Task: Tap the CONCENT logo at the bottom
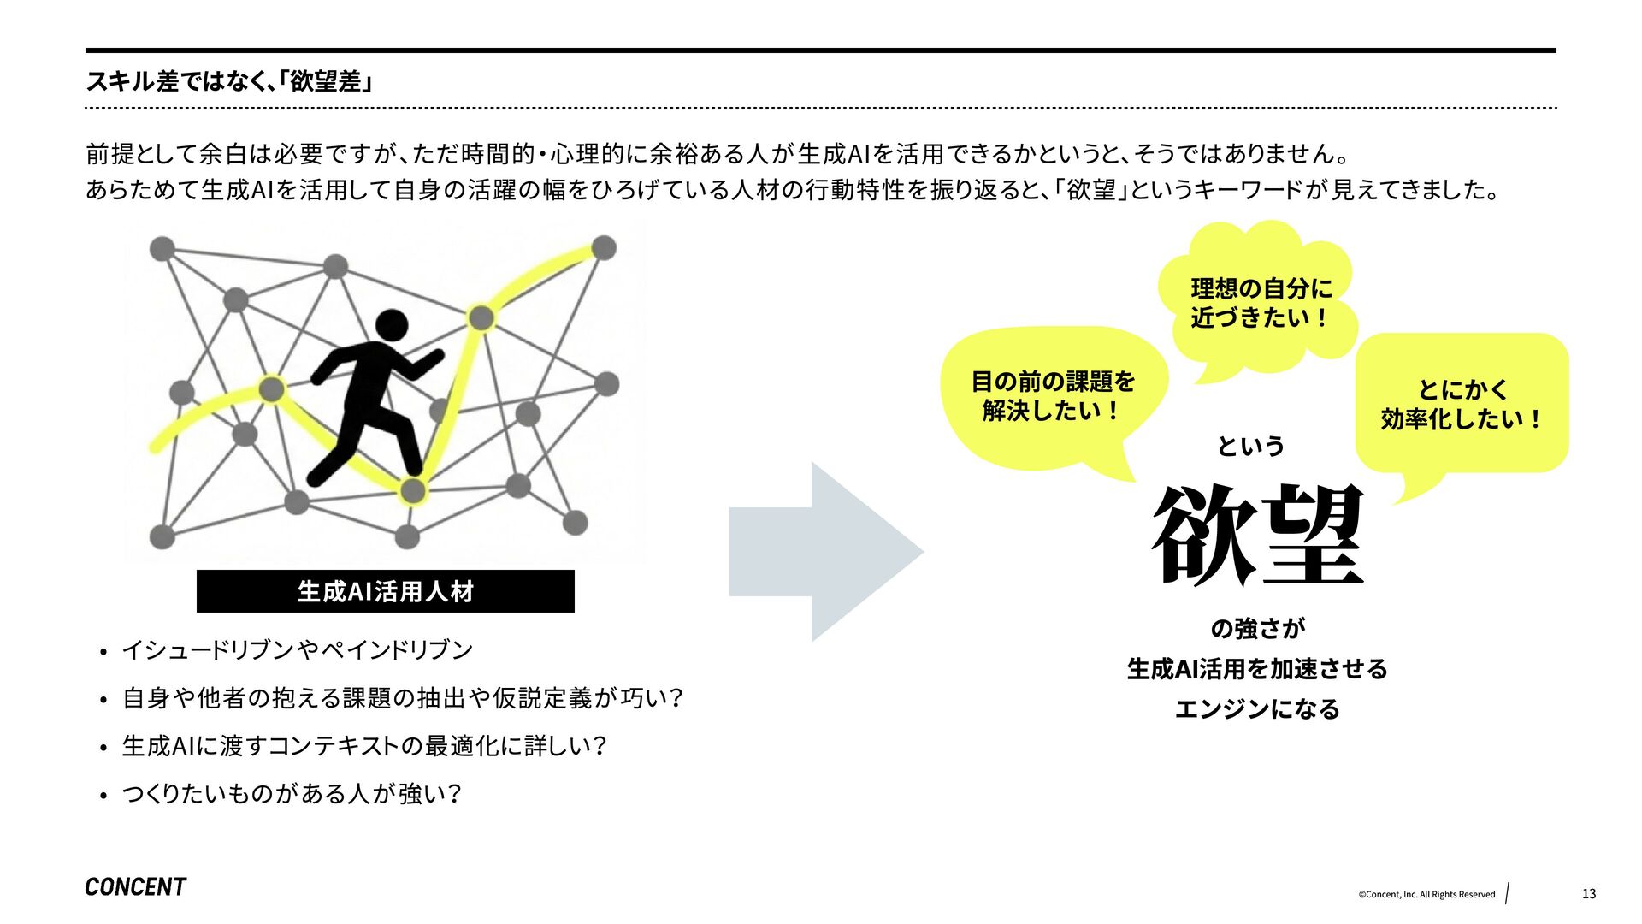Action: click(x=135, y=887)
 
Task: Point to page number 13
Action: click(x=1588, y=894)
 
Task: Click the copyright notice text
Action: click(x=1426, y=895)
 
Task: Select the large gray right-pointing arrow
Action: click(x=824, y=552)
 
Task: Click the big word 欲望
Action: click(x=1256, y=535)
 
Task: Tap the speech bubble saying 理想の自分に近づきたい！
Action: click(x=1261, y=303)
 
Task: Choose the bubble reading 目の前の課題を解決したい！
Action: click(x=1053, y=396)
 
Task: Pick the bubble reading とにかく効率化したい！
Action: click(x=1462, y=404)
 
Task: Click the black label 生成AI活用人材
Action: click(x=385, y=591)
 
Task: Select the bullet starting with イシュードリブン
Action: click(x=297, y=650)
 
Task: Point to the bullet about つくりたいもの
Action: click(x=291, y=794)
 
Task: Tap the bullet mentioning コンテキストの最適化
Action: click(x=363, y=746)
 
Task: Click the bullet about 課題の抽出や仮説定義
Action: click(x=402, y=698)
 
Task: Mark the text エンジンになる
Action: click(x=1256, y=708)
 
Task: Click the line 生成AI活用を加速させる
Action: click(x=1256, y=669)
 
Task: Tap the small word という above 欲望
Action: click(x=1250, y=446)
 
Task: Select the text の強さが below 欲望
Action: click(x=1256, y=629)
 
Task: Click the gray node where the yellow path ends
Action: click(x=604, y=248)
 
